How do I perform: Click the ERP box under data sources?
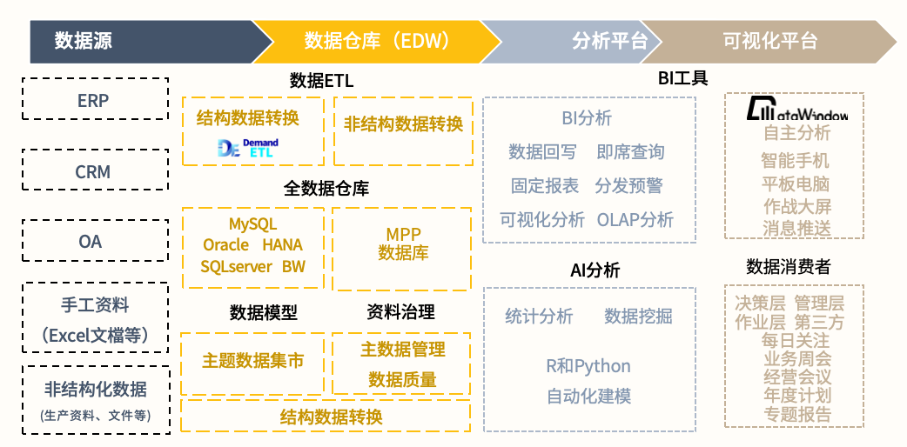tap(94, 99)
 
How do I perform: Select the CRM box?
tap(94, 171)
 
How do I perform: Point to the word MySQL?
tap(252, 224)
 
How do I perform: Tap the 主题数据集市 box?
tap(252, 360)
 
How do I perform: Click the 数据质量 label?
tap(402, 379)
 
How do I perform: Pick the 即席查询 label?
tap(630, 152)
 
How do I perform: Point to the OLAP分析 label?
tap(635, 220)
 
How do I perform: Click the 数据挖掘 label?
tap(638, 317)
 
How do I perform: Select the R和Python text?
tap(588, 365)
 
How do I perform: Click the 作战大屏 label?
tap(796, 206)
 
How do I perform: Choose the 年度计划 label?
tap(796, 396)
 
